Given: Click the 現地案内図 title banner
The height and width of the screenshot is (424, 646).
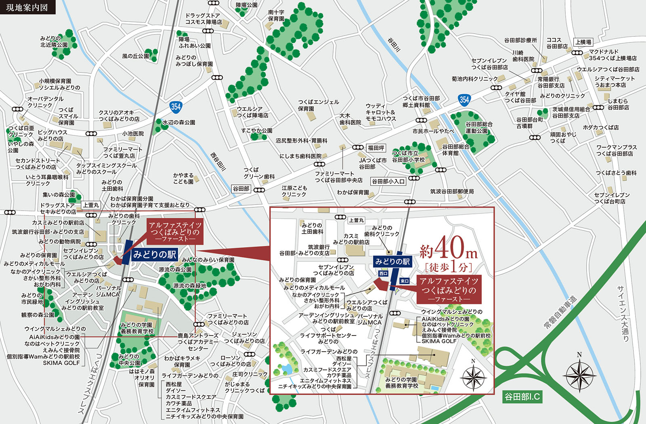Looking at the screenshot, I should tap(27, 7).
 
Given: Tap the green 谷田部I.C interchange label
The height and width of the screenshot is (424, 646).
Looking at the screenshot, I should tap(522, 397).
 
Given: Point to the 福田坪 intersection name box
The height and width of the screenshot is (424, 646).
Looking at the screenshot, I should tap(376, 148).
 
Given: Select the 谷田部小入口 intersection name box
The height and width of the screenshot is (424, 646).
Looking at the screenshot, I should tap(388, 181).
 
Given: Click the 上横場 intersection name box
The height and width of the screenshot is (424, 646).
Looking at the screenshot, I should tap(583, 42).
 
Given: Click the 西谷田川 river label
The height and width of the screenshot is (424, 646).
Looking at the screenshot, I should tap(218, 162).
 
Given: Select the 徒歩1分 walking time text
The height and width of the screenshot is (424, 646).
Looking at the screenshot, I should tap(448, 267).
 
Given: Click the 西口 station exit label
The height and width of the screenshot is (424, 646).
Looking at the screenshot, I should tap(383, 274).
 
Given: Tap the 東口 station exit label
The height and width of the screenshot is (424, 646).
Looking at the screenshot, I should tap(404, 281).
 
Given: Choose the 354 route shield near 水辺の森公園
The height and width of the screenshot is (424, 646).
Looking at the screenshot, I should tap(176, 107).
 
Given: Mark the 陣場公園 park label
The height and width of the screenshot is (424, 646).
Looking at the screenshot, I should tap(246, 5).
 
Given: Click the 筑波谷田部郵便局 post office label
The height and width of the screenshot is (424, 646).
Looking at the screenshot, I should tap(452, 191).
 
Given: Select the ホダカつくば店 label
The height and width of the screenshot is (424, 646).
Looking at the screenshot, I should tap(601, 127).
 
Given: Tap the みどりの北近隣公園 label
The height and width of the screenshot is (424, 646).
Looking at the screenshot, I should tap(54, 42).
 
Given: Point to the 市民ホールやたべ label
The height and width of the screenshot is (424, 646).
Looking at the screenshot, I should tap(433, 131).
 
